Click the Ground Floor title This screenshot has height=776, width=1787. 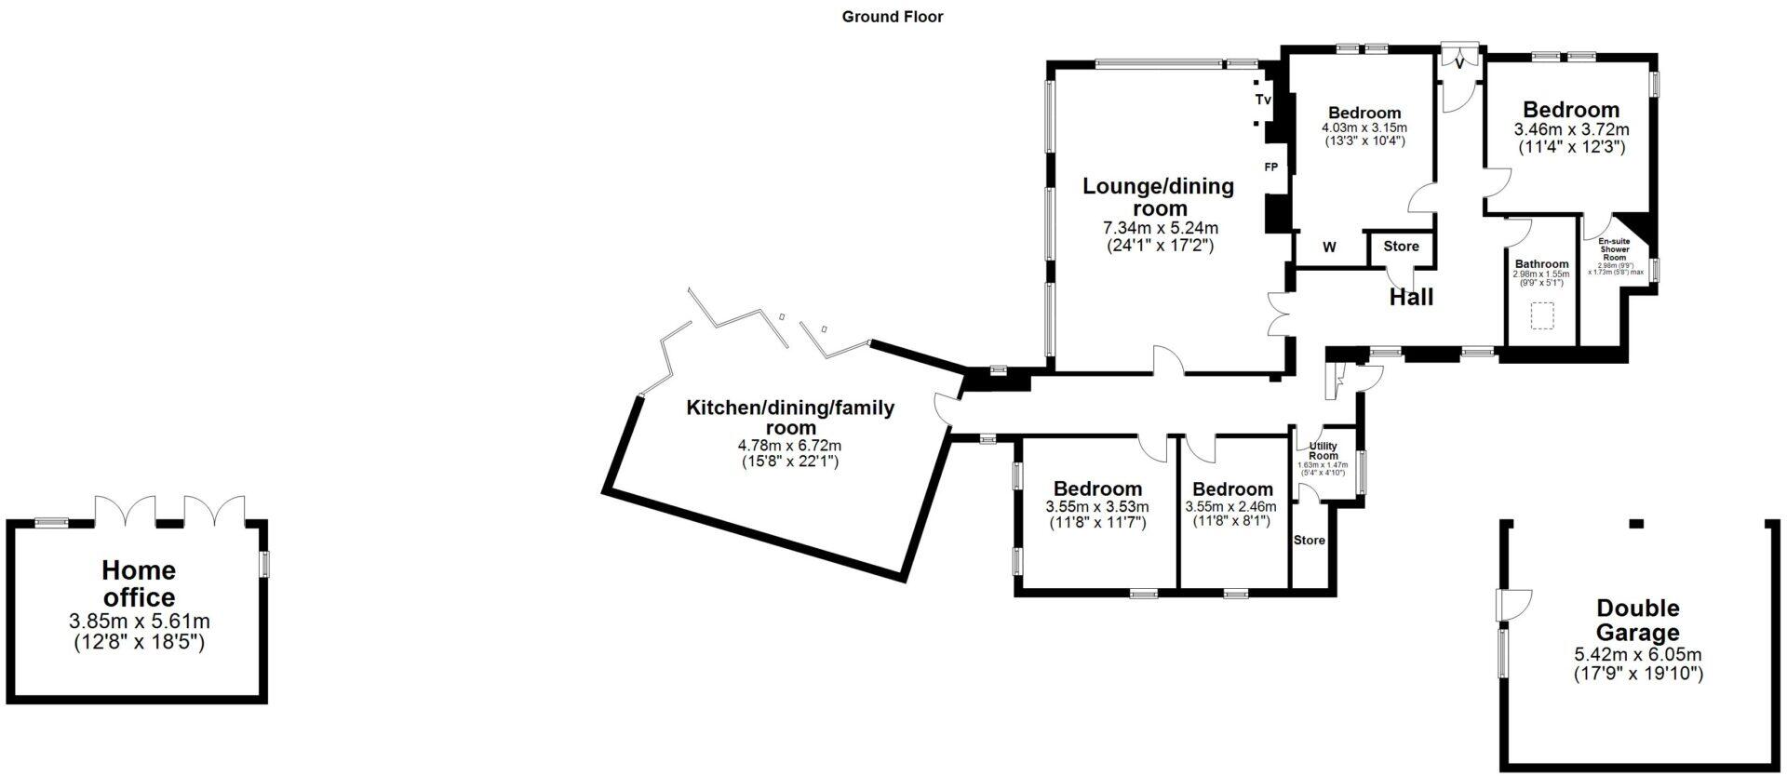coord(893,17)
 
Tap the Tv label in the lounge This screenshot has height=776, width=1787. coord(1263,99)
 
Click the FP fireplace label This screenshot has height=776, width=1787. coord(1270,167)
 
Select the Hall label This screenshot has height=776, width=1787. coord(1411,298)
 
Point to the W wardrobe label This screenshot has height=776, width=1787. coord(1329,247)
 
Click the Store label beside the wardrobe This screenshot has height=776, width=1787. coord(1401,246)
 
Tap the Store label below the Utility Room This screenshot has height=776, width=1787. coord(1309,541)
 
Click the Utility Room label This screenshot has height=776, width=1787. coord(1323,451)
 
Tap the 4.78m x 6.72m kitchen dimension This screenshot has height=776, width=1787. coord(789,445)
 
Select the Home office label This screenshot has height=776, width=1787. coord(139,583)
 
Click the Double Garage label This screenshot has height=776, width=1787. coord(1638,621)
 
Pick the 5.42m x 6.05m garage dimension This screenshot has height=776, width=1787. coord(1637,654)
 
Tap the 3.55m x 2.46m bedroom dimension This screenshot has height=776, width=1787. coord(1230,507)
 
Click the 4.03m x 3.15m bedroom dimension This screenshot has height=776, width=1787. coord(1364,127)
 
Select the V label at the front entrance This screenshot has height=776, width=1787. coord(1459,62)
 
